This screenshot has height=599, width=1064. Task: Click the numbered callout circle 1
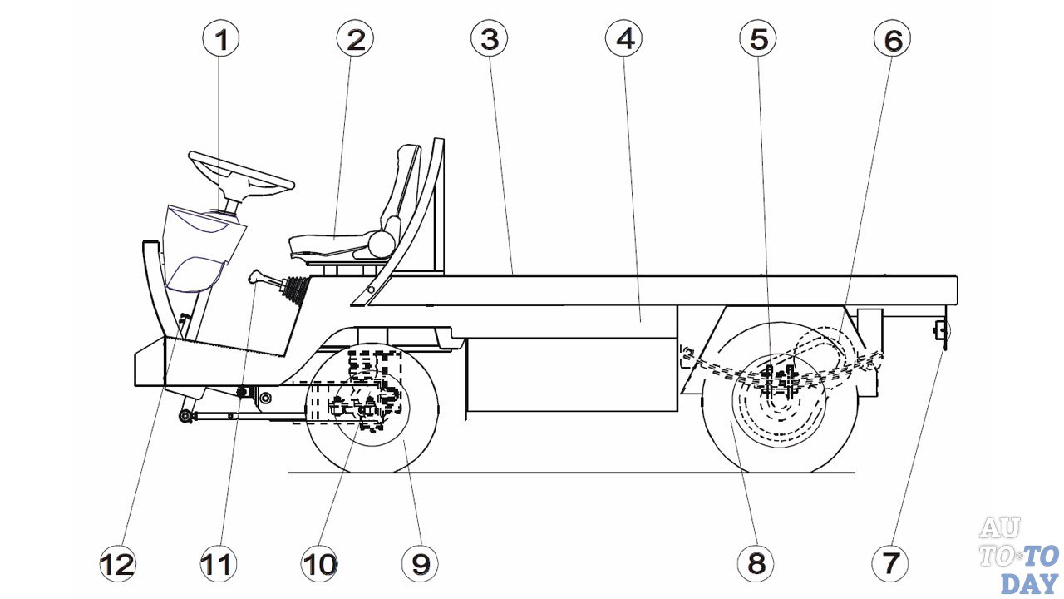(222, 38)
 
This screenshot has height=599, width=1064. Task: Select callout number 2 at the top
(355, 38)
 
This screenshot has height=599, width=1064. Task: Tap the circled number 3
(489, 38)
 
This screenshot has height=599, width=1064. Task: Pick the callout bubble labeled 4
(623, 38)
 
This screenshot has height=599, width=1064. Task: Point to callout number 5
(758, 38)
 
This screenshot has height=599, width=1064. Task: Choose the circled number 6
(892, 38)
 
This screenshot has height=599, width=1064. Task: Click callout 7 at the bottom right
(890, 563)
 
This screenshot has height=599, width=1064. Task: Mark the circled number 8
(756, 563)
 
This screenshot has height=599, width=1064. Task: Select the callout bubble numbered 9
(420, 563)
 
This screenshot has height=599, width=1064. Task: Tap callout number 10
(319, 563)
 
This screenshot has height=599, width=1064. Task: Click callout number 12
(117, 563)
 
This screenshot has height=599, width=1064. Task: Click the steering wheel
(241, 171)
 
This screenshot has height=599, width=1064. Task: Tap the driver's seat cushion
(332, 246)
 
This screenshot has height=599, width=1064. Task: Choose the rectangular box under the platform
(571, 374)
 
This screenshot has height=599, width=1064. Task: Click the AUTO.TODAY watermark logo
(1018, 555)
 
